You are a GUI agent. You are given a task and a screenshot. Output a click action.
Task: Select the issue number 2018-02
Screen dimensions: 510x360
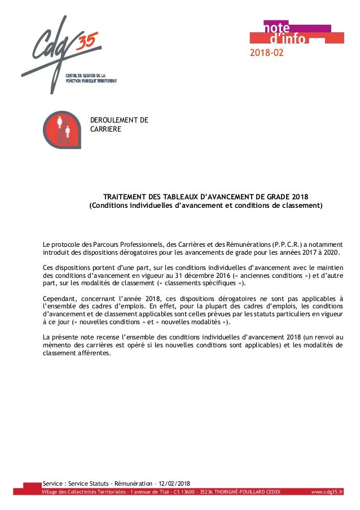267,54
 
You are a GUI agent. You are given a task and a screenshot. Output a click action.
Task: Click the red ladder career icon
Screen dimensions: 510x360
63,129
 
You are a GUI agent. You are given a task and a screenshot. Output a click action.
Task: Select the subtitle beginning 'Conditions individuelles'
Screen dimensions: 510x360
206,206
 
